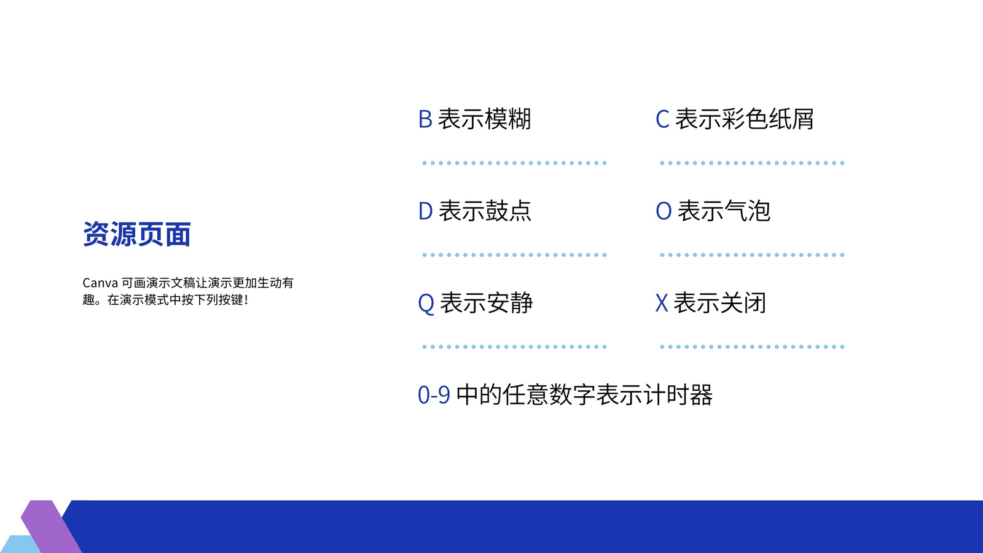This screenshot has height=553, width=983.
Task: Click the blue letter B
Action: pos(425,119)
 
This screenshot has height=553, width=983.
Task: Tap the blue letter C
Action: pos(663,119)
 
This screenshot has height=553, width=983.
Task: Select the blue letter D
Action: pos(426,211)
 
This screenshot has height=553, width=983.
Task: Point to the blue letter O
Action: pos(664,211)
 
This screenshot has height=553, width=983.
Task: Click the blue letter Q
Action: pos(426,304)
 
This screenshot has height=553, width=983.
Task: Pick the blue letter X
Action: pos(662,303)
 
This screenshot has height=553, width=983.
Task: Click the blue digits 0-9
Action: pos(434,394)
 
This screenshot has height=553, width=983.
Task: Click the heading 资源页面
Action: pos(137,234)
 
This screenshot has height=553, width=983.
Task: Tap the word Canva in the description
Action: pos(101,283)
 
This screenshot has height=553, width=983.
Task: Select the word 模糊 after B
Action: pos(507,119)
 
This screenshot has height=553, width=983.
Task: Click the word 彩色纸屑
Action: pos(767,119)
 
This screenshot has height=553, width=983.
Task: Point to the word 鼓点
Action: pos(508,211)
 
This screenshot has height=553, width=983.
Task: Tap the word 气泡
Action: pos(747,211)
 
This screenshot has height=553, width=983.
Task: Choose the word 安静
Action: pos(509,303)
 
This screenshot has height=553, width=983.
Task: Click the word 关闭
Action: pos(743,303)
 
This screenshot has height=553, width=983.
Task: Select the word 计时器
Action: pos(678,394)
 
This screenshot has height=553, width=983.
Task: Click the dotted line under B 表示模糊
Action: pos(514,163)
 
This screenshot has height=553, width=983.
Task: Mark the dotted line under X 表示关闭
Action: pos(752,347)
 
